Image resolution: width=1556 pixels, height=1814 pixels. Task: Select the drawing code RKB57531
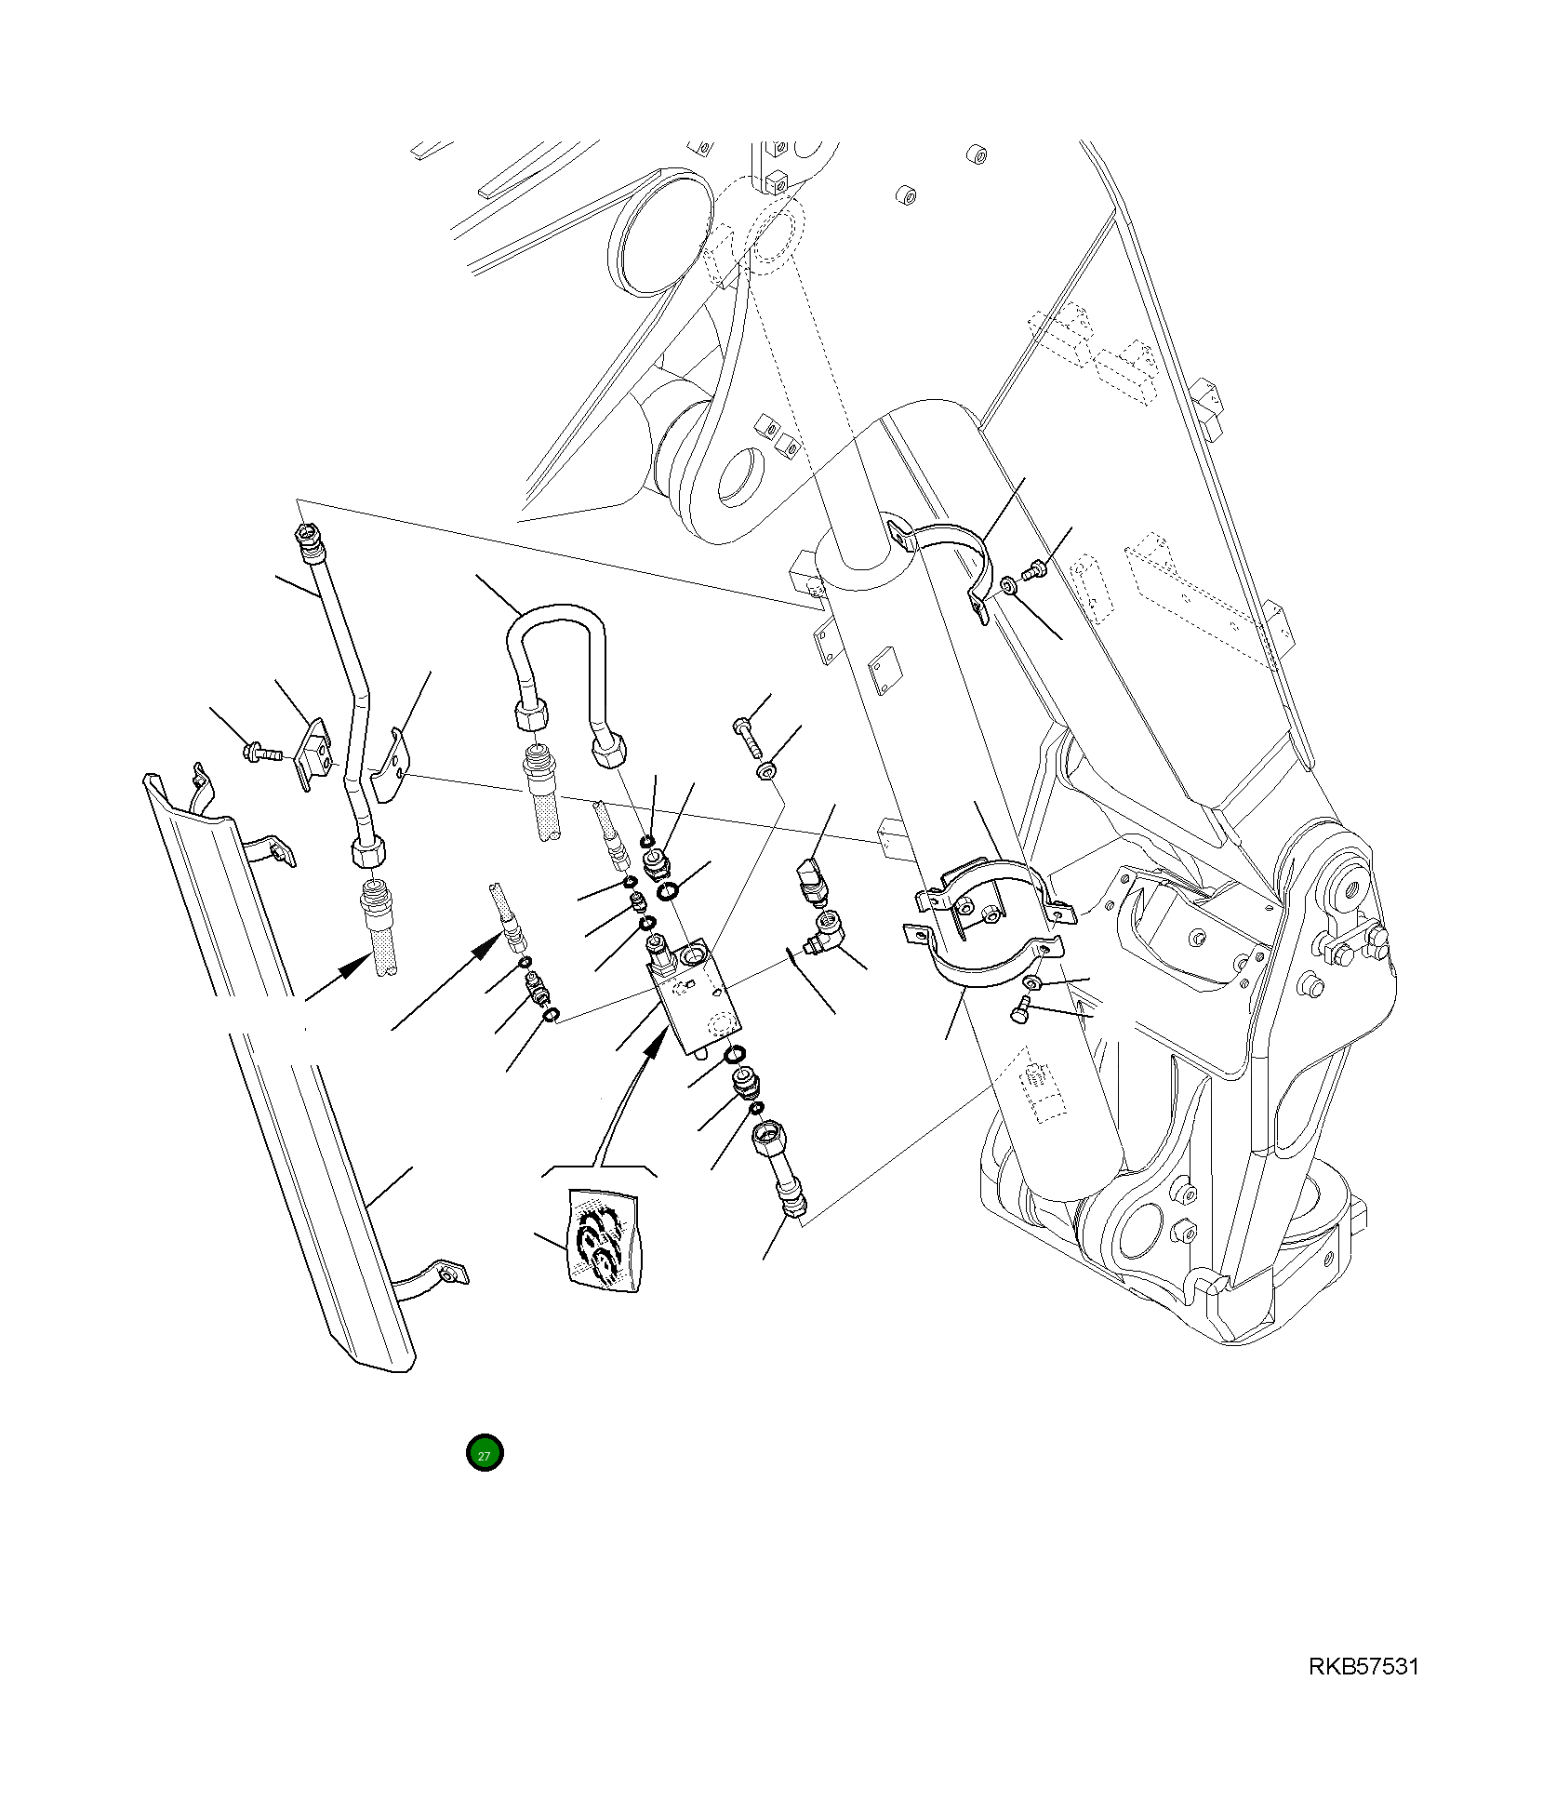pyautogui.click(x=1363, y=1666)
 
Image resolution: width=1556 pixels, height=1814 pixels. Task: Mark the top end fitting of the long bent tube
pyautogui.click(x=304, y=535)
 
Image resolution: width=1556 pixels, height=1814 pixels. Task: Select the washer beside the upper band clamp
pyautogui.click(x=1010, y=586)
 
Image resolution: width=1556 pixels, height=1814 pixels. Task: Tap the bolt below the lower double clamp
pyautogui.click(x=1019, y=1009)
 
